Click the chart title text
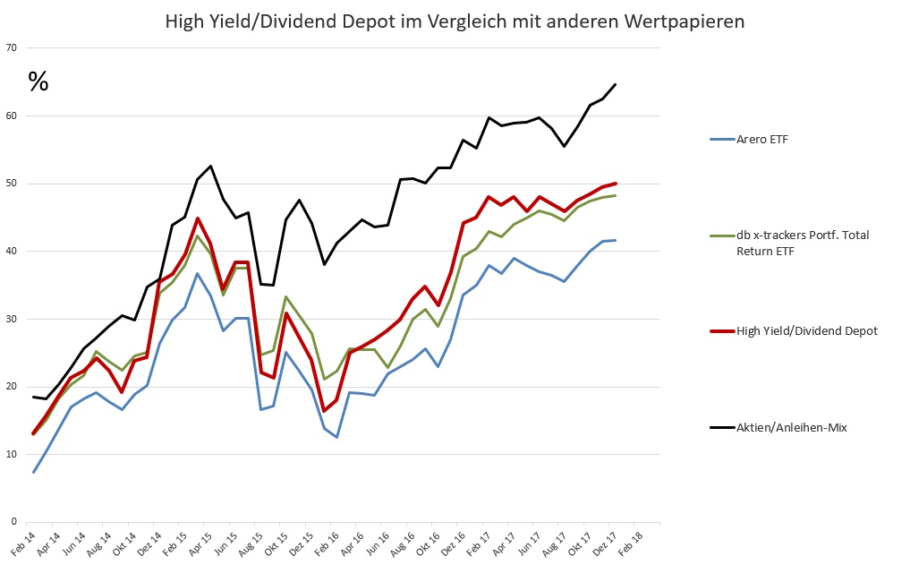(455, 21)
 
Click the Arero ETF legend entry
(749, 140)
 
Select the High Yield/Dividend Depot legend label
(807, 331)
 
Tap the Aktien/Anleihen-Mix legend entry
(778, 427)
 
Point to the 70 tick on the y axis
(12, 47)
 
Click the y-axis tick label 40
(12, 251)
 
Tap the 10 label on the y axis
(12, 454)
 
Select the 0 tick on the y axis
(14, 521)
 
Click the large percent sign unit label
(38, 81)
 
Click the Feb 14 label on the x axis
(24, 544)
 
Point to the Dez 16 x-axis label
(454, 544)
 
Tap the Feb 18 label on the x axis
(631, 544)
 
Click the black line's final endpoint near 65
(616, 84)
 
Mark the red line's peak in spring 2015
(198, 218)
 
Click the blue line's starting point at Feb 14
(34, 472)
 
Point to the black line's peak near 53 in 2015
(210, 166)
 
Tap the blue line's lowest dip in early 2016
(336, 437)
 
